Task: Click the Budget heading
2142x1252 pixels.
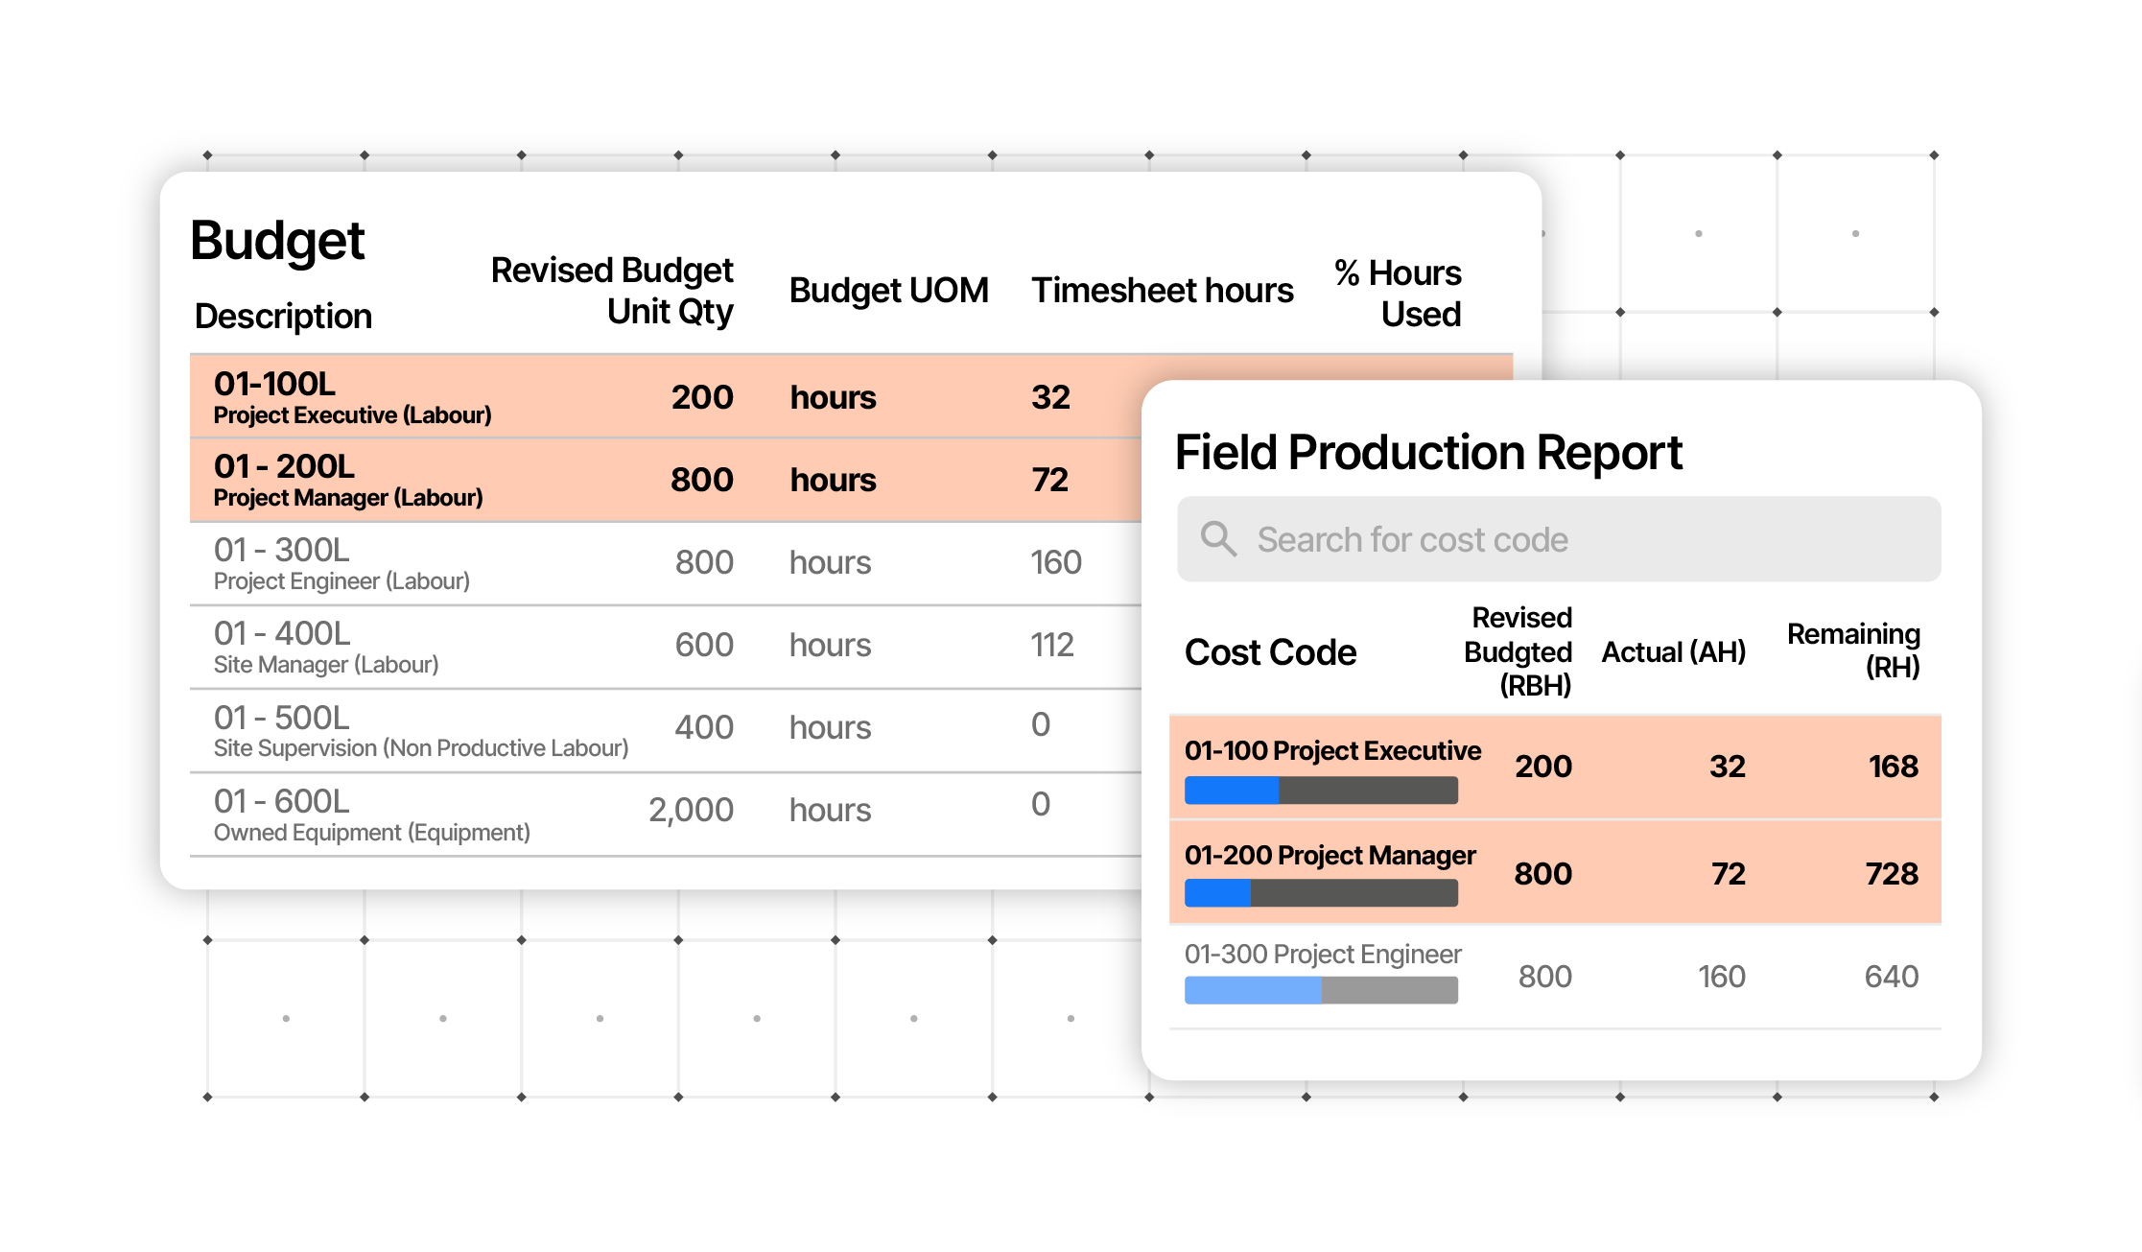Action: point(277,241)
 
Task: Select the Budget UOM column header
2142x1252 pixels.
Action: point(888,291)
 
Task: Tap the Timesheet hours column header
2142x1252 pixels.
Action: point(1162,291)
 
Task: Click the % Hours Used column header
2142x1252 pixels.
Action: point(1398,294)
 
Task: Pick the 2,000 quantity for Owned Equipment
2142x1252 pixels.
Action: point(691,811)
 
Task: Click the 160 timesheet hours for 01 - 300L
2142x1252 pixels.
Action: point(1055,562)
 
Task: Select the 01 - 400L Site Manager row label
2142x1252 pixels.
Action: point(325,647)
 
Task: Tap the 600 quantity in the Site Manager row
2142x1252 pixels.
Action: point(704,645)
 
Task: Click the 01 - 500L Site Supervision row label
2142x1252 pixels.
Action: point(419,731)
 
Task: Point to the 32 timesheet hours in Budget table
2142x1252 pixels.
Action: point(1050,397)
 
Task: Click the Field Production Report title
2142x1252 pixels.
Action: point(1428,453)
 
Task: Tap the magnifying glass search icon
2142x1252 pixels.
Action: point(1218,539)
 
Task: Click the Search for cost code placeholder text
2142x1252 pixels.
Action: point(1412,540)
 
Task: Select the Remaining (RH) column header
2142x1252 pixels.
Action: point(1853,650)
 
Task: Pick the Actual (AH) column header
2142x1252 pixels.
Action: point(1673,652)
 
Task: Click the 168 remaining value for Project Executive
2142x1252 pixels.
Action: point(1893,767)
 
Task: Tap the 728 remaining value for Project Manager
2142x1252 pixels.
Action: point(1891,874)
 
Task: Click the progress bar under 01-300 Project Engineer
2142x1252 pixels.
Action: point(1321,990)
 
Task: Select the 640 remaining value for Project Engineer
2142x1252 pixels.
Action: point(1891,977)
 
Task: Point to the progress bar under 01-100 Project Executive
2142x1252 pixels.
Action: point(1321,791)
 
